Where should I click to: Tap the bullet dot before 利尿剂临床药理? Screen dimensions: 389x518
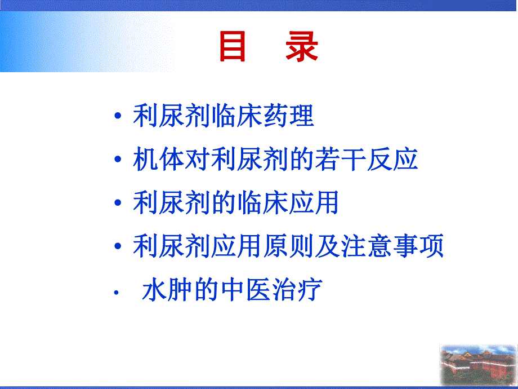[117, 117]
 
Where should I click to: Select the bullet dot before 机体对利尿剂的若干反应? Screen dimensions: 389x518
[117, 161]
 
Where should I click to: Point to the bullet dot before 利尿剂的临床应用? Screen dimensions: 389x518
[117, 204]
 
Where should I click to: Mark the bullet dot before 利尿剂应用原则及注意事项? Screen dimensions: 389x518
[117, 247]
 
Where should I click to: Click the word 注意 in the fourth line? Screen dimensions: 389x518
[361, 246]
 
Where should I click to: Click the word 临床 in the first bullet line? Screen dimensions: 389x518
[235, 117]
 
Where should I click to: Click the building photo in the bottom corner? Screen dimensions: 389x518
[478, 364]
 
